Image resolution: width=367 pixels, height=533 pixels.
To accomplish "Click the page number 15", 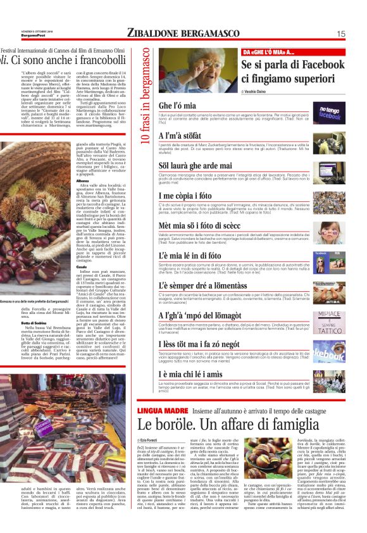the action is click(x=340, y=34).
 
